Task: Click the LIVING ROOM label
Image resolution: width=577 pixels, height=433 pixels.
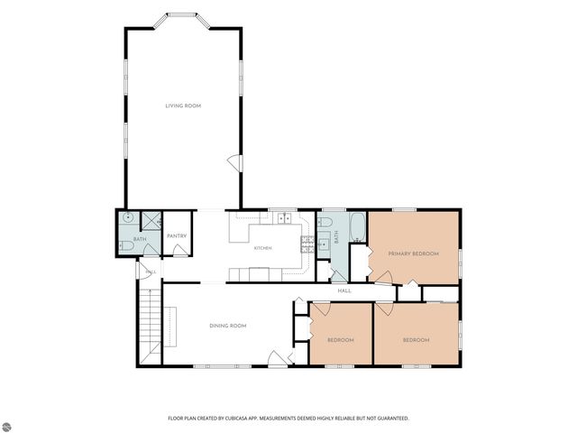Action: click(x=183, y=106)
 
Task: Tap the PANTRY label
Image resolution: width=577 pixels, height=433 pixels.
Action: click(x=177, y=236)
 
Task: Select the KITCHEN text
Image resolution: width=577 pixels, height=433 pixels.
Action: click(x=263, y=248)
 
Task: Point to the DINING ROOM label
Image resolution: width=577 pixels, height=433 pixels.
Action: click(x=228, y=326)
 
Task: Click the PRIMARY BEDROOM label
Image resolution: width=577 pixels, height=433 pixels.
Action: click(x=414, y=253)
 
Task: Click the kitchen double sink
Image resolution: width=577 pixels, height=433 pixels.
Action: click(x=284, y=218)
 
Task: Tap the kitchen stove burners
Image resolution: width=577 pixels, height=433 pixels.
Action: click(x=307, y=244)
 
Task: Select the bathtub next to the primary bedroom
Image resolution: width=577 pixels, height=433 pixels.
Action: click(x=357, y=227)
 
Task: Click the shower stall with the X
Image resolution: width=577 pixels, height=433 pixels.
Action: click(x=151, y=221)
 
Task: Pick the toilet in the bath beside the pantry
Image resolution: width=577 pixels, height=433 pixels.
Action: click(x=126, y=246)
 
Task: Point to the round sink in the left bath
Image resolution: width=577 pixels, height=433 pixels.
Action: click(x=128, y=217)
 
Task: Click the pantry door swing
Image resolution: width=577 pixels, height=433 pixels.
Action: click(x=180, y=251)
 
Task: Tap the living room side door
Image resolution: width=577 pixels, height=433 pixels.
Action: click(x=235, y=163)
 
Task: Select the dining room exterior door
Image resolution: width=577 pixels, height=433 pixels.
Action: click(x=278, y=359)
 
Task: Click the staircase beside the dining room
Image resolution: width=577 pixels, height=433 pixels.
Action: click(x=151, y=327)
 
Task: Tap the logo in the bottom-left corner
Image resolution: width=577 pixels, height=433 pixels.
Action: click(x=6, y=427)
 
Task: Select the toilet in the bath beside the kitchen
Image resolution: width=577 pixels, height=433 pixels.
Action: click(x=325, y=222)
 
